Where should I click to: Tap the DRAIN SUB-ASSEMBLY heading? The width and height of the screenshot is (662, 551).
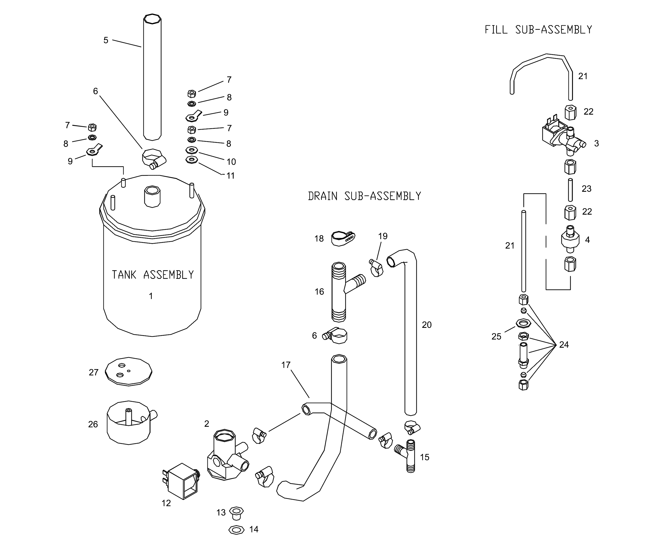click(364, 196)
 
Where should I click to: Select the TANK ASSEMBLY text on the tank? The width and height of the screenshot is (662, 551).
click(153, 275)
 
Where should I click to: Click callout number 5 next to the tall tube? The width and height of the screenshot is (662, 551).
click(106, 40)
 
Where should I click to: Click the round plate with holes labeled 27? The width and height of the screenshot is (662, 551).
click(129, 372)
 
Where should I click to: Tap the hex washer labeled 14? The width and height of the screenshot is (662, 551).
click(236, 530)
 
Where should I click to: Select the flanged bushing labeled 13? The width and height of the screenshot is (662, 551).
click(236, 513)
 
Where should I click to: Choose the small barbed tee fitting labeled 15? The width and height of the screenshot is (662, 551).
click(408, 456)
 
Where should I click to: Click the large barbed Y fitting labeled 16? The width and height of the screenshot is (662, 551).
click(340, 291)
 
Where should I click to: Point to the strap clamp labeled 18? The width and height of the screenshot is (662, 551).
click(343, 238)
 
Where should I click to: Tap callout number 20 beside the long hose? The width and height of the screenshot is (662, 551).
click(426, 325)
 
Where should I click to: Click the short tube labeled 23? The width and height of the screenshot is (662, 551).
click(570, 190)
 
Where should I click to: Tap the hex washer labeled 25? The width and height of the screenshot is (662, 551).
click(523, 323)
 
